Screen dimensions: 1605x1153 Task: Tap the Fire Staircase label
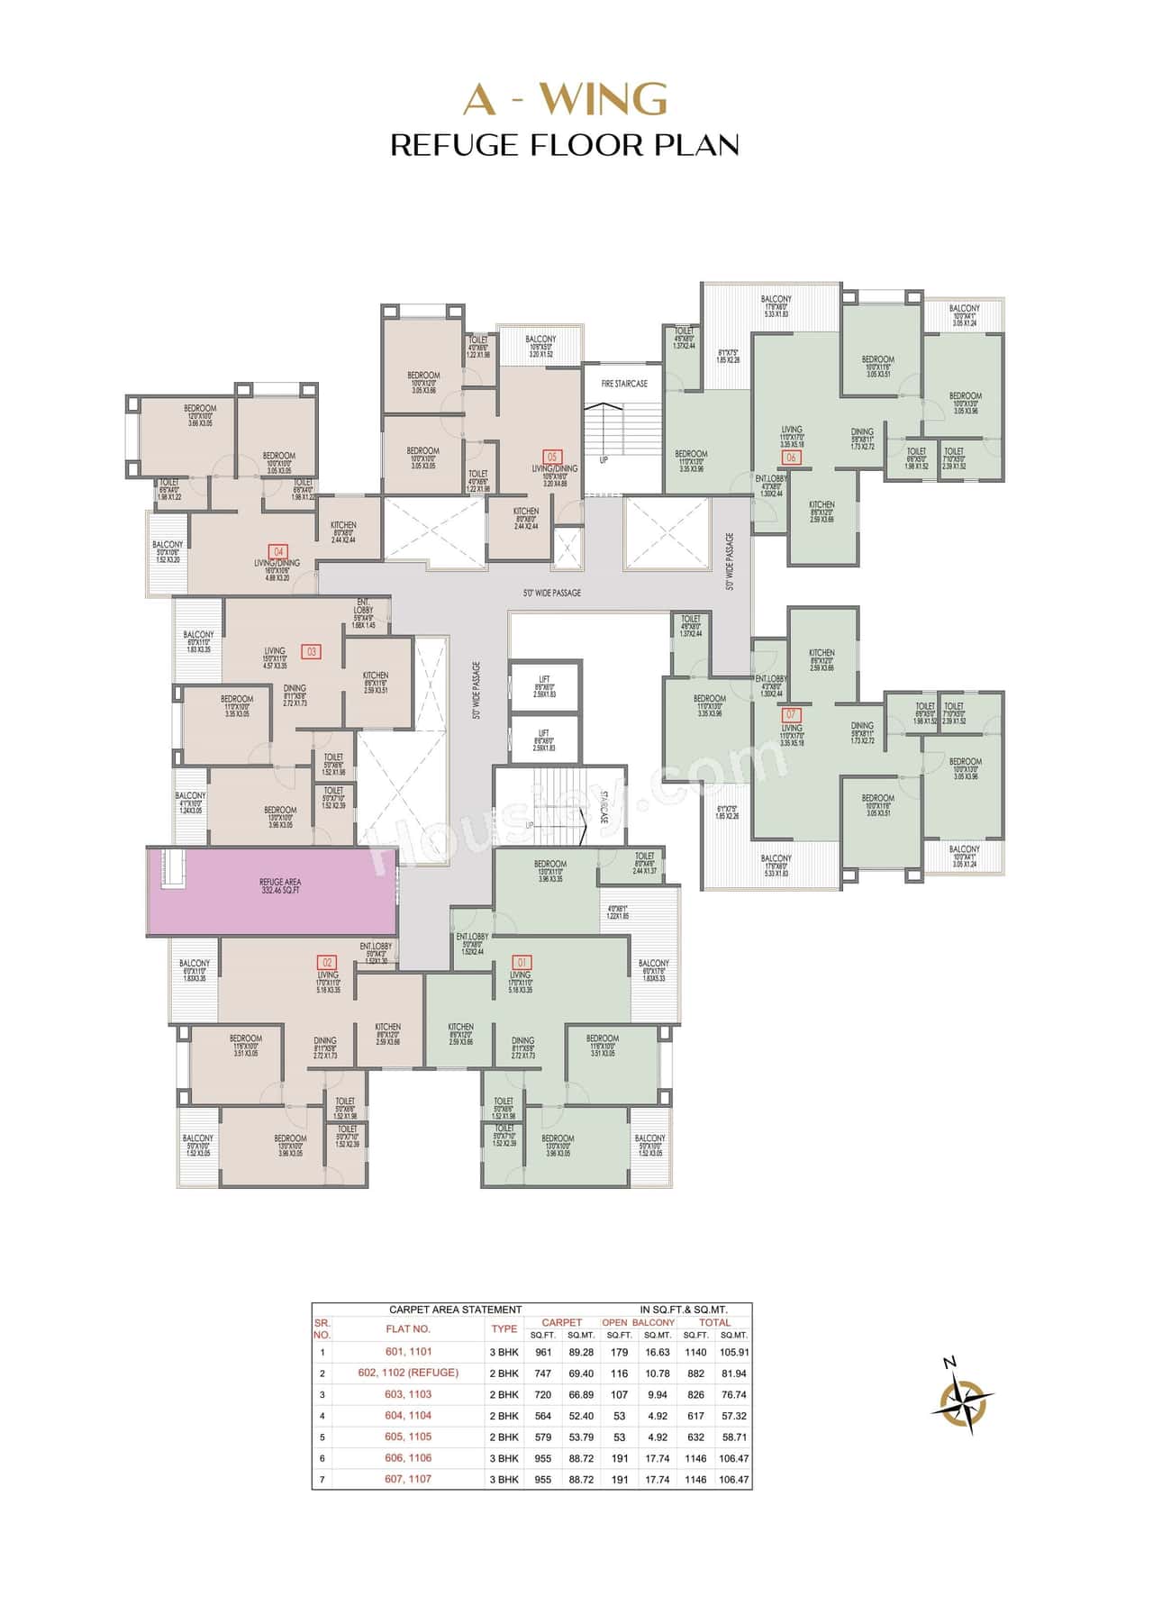pos(624,384)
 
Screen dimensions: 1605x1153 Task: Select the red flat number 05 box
pos(553,457)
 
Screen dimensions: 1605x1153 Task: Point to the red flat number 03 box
pos(313,650)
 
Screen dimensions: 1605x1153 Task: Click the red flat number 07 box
pos(792,715)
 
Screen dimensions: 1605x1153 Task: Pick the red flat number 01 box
pos(521,962)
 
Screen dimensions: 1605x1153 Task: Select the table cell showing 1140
pos(695,1352)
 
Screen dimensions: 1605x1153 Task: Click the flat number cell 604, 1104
pos(408,1415)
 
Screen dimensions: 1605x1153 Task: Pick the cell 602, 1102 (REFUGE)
pos(408,1373)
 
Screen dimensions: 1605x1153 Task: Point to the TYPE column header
pos(504,1328)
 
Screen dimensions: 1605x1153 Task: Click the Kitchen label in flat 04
pos(343,525)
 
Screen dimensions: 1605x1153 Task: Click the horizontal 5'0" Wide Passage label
pos(551,594)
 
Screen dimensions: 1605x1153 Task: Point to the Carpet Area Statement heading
pos(455,1310)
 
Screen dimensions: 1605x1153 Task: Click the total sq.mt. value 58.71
pos(734,1437)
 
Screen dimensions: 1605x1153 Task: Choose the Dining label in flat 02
pos(325,1041)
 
